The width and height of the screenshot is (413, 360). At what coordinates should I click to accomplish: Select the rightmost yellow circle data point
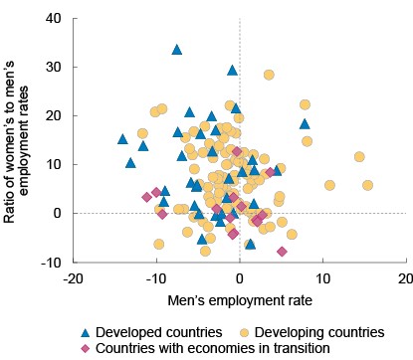[367, 185]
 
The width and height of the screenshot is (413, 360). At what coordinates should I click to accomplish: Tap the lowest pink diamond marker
[283, 252]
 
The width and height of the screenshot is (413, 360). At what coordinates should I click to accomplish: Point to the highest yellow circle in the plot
[269, 75]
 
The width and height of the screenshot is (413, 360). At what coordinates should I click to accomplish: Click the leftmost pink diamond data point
[147, 197]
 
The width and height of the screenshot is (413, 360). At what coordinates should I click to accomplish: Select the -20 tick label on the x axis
[73, 277]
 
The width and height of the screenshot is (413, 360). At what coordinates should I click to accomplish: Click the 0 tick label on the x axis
[240, 277]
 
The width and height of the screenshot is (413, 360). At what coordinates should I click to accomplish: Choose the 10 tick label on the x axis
[322, 277]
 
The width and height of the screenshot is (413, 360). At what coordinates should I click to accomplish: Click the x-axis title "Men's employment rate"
[239, 298]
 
